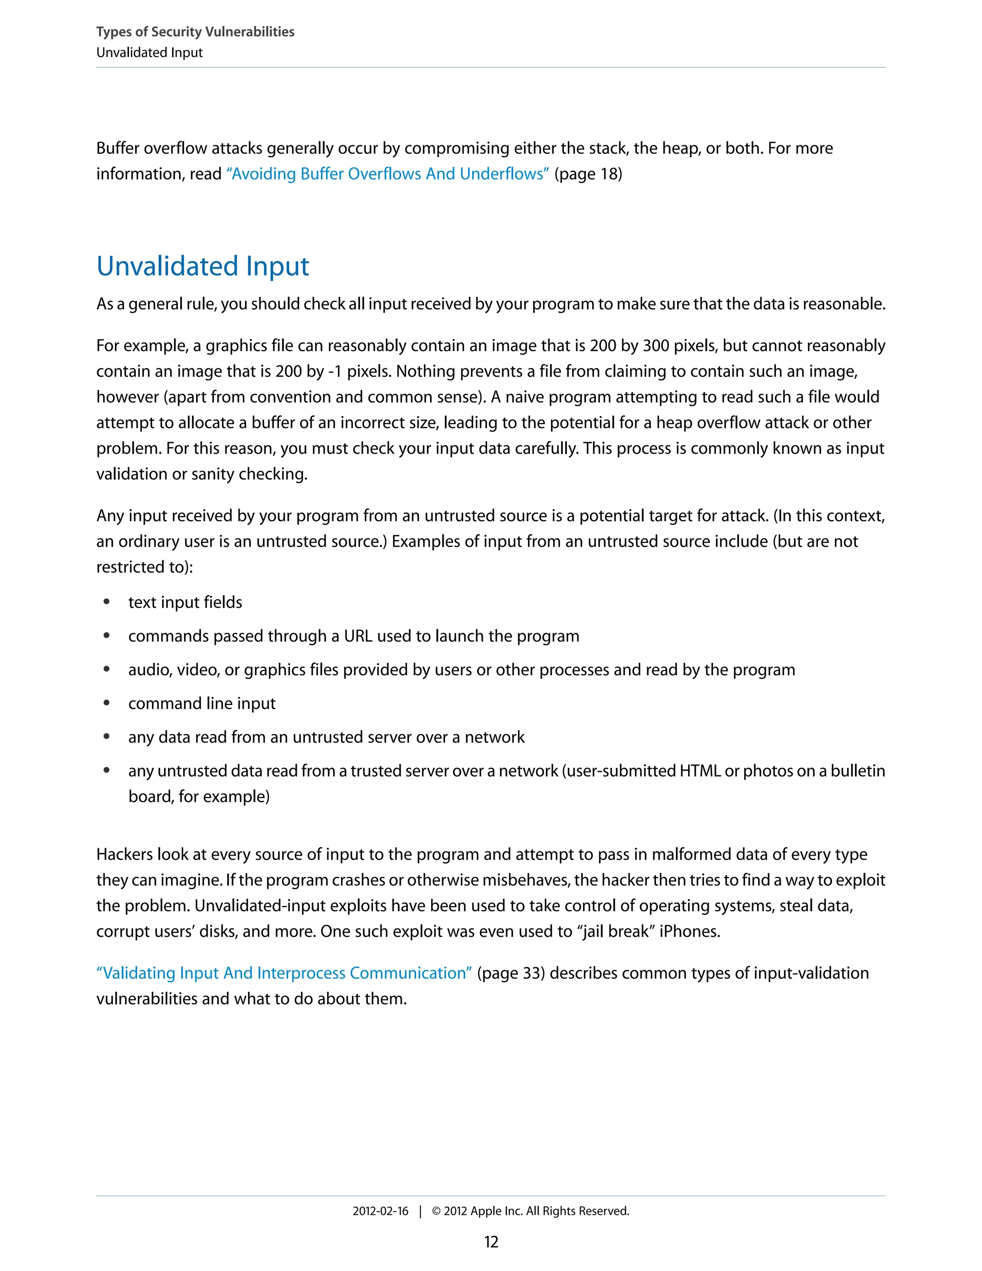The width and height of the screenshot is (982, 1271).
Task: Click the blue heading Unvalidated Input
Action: (x=202, y=266)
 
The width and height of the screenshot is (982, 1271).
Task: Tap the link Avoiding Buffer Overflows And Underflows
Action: (x=387, y=174)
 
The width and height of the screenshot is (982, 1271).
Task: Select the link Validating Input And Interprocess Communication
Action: (x=284, y=973)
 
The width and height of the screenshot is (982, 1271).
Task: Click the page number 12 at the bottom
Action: (x=491, y=1242)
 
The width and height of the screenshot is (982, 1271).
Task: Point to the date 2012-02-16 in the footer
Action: (x=380, y=1211)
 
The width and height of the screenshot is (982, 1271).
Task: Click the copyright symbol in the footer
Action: (x=436, y=1211)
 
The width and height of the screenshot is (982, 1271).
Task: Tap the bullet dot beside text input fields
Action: (x=106, y=602)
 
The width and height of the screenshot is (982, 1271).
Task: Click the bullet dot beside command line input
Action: (x=106, y=703)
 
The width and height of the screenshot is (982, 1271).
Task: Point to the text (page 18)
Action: (x=588, y=174)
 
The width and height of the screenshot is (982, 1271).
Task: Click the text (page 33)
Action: (x=511, y=973)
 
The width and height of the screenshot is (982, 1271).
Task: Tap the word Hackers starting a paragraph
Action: (x=125, y=854)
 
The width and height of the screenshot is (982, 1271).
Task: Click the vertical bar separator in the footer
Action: (x=420, y=1211)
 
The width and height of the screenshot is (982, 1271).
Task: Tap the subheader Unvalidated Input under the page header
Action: (x=150, y=52)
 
